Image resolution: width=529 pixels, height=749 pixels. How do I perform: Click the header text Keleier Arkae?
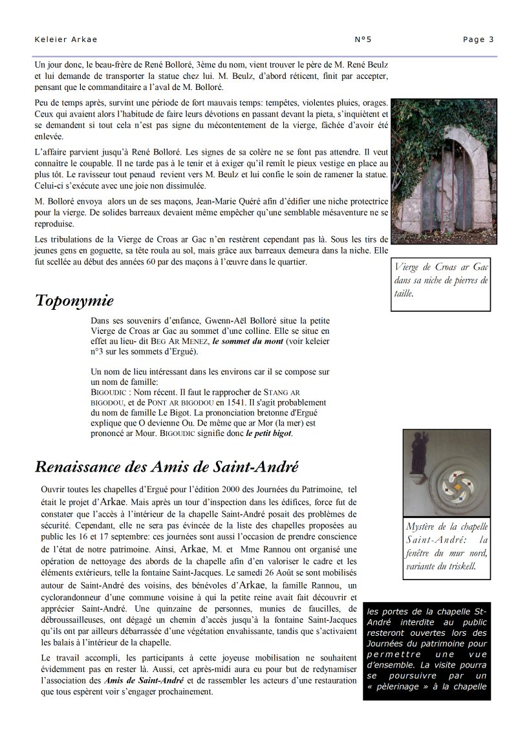click(66, 39)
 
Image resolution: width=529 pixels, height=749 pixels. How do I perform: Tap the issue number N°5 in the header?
click(363, 39)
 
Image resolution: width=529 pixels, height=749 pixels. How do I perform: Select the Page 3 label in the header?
click(478, 39)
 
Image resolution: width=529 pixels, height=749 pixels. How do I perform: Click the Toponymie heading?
click(74, 301)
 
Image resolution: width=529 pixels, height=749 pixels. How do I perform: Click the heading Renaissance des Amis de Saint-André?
click(166, 466)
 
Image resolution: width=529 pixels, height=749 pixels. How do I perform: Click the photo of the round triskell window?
click(446, 472)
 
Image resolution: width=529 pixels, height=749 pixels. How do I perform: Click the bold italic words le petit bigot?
click(269, 433)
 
